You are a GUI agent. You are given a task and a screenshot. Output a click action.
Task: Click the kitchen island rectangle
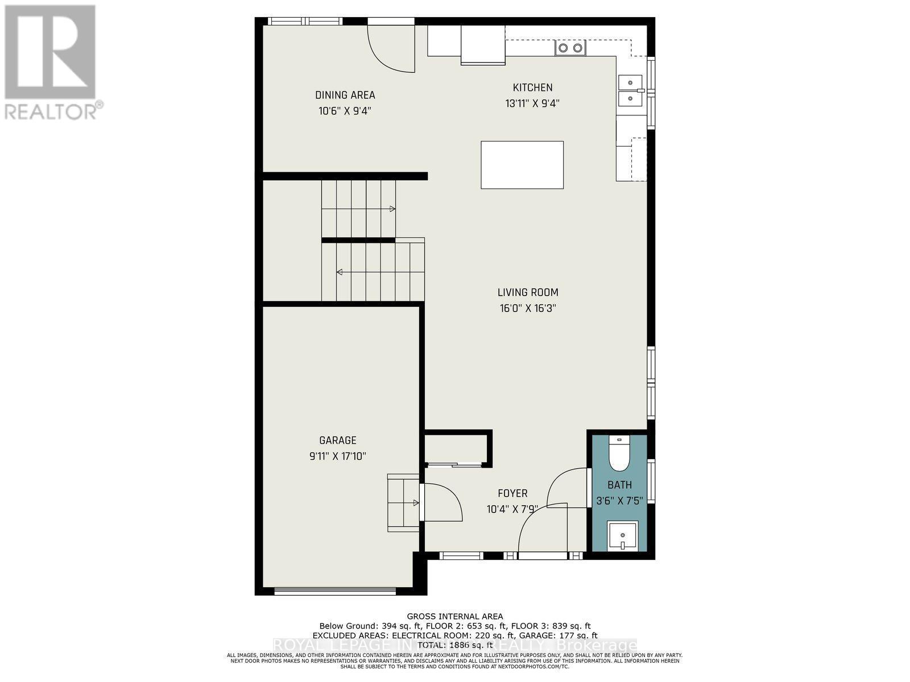pyautogui.click(x=522, y=165)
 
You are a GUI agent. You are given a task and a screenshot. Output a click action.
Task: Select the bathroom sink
pyautogui.click(x=622, y=535)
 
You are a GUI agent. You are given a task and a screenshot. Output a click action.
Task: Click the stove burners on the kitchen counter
pyautogui.click(x=570, y=48)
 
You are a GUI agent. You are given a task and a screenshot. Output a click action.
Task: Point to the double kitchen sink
pyautogui.click(x=630, y=90)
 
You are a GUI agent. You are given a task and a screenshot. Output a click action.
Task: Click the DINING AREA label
pyautogui.click(x=345, y=95)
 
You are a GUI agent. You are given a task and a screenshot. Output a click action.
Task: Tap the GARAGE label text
pyautogui.click(x=338, y=440)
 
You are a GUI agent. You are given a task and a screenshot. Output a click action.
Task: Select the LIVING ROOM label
pyautogui.click(x=528, y=292)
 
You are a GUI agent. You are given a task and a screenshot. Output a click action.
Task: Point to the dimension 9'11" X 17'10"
pyautogui.click(x=338, y=456)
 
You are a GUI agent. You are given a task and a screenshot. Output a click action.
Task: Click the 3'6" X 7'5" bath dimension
pyautogui.click(x=619, y=501)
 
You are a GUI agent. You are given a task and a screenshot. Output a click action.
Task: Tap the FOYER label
pyautogui.click(x=512, y=493)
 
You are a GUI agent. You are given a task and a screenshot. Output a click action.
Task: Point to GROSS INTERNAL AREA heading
pyautogui.click(x=454, y=616)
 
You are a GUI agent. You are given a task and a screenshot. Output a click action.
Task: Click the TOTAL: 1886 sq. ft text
pyautogui.click(x=454, y=645)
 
